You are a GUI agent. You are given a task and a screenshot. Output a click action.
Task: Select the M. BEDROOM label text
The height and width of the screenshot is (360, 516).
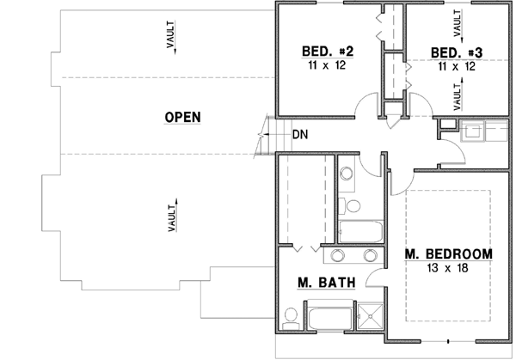click(x=448, y=253)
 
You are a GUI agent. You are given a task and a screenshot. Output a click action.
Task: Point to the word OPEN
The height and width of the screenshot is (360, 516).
click(x=182, y=117)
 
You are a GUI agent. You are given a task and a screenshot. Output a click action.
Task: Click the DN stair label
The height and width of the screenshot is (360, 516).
click(x=299, y=134)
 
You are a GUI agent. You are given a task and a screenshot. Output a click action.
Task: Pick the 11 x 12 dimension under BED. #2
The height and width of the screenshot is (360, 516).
click(x=328, y=65)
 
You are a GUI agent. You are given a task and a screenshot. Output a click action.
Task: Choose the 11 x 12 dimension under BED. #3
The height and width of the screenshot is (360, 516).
click(x=456, y=65)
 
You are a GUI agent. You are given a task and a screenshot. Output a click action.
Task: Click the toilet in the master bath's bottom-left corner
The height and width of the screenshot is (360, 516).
click(x=290, y=319)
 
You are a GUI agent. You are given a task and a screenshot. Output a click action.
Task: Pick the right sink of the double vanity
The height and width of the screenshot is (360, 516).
click(x=371, y=254)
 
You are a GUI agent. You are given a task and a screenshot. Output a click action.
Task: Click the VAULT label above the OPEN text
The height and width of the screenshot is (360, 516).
click(x=172, y=39)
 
